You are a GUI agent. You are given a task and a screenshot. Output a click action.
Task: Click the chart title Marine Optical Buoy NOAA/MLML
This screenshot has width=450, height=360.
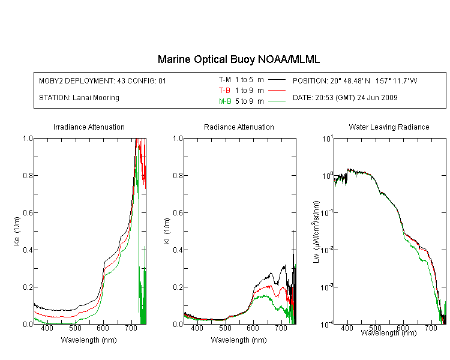pos(238,59)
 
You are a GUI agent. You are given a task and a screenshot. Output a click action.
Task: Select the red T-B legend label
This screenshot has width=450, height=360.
pos(224,91)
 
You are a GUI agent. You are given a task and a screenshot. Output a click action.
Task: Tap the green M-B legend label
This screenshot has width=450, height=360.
pos(225,101)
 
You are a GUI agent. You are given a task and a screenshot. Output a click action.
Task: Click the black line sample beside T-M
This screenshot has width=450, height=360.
pos(277,80)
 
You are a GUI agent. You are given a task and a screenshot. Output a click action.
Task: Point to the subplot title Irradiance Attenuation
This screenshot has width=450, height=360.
pos(89,127)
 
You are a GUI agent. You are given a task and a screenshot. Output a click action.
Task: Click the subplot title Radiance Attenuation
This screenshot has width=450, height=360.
pos(239,127)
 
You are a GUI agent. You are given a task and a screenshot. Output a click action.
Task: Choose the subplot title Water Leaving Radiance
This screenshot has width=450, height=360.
pos(389,127)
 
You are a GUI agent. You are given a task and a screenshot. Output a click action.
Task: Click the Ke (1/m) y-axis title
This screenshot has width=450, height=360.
pos(17,232)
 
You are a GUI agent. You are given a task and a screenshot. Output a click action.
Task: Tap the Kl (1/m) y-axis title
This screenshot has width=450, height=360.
pos(167,232)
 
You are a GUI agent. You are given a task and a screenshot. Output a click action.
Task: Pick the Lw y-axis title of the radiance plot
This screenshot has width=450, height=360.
pos(316,232)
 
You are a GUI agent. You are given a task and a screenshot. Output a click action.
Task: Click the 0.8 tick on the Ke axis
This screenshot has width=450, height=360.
pos(28,175)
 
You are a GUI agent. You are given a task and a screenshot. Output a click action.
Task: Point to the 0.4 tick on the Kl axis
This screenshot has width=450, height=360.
pos(178,250)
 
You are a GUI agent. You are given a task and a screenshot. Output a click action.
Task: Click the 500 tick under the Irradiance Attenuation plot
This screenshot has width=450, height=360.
pos(75,328)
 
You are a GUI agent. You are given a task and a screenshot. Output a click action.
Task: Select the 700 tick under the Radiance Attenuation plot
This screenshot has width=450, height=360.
pos(281,328)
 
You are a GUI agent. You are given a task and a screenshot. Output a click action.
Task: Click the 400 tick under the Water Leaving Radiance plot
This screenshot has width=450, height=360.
pos(347,328)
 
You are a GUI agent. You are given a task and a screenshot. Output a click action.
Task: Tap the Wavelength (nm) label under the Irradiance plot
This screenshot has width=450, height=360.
pos(89,340)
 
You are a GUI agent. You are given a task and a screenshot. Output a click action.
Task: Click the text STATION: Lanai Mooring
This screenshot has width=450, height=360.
pos(79,98)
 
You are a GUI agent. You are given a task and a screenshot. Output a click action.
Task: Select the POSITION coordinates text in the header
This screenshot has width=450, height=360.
pos(355,80)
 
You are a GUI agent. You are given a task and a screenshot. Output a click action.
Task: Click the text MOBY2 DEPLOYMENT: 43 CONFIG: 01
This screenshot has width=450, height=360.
pos(103,81)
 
